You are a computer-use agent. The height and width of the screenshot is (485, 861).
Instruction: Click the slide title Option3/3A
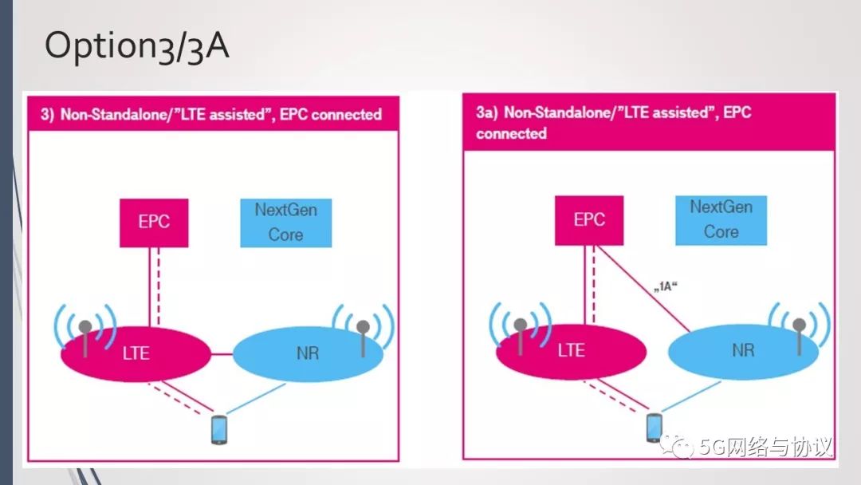[136, 47]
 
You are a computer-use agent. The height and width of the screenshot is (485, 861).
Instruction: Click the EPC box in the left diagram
[154, 222]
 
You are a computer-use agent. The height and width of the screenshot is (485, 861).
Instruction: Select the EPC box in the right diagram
[589, 219]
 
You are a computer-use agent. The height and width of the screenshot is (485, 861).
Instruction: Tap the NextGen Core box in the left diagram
[285, 223]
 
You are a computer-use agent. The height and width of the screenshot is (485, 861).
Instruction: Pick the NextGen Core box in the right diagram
[721, 219]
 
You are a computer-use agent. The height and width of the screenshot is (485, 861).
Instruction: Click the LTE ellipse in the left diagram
[136, 352]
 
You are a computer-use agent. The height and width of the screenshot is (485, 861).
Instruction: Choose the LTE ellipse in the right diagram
[571, 350]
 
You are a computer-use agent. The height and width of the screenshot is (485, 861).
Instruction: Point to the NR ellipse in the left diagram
[308, 352]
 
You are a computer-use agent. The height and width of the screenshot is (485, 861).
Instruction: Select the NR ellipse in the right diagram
[743, 350]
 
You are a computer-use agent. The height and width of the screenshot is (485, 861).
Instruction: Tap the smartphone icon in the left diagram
[219, 429]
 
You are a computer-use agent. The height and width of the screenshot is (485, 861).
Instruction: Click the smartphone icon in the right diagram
[655, 427]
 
